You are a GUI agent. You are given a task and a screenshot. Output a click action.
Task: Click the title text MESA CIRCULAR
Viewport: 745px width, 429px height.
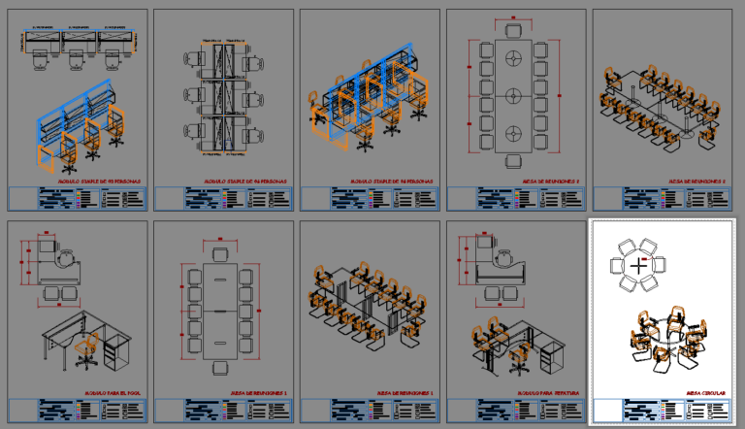[x=705, y=394]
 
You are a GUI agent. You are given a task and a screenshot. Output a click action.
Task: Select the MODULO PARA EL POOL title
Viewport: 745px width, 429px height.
[x=113, y=394]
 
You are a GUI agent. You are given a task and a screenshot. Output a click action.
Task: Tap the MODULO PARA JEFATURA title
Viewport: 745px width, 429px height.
[x=555, y=394]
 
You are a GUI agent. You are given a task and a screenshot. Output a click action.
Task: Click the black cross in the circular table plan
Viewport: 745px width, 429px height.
[x=638, y=264]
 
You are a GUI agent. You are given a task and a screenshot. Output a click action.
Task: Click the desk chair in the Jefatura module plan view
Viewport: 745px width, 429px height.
[x=504, y=258]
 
